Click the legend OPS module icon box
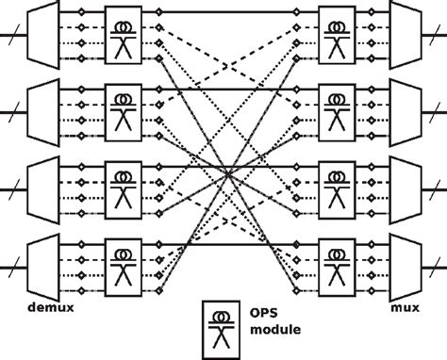click(221, 325)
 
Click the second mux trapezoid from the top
click(406, 109)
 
